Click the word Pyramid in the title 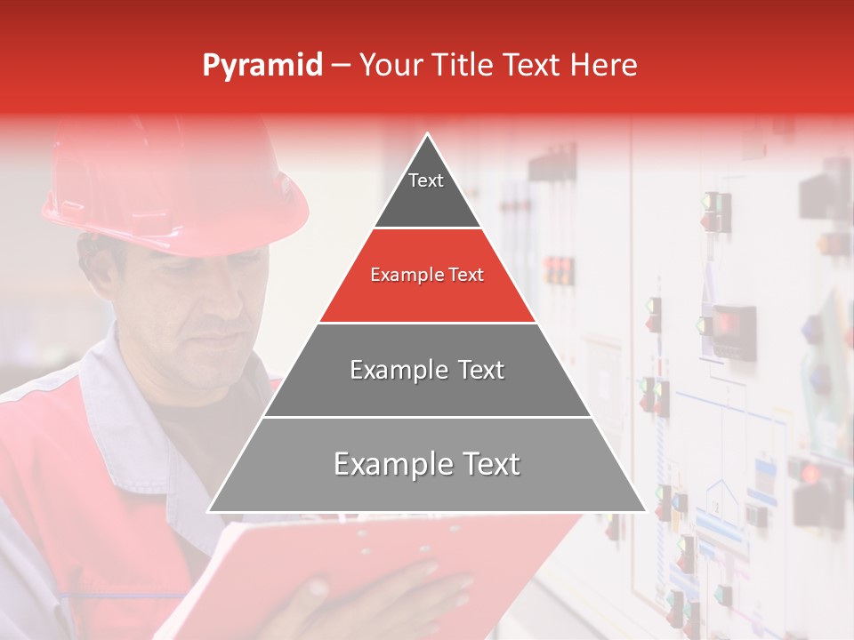coord(262,66)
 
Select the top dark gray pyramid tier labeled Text coord(426,191)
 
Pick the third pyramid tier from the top coord(427,371)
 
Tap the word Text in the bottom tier coord(486,464)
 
